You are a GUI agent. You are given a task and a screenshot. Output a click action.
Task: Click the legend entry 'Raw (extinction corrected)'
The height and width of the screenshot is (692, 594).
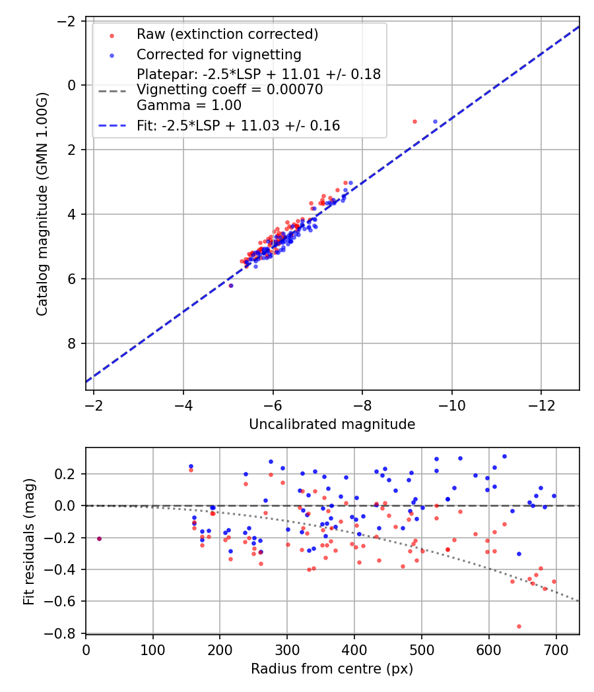tap(227, 34)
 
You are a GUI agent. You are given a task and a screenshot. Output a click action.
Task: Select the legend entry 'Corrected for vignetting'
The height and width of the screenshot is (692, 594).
tap(218, 54)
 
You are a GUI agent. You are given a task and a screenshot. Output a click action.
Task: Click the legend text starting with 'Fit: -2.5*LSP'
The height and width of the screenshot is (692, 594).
tap(238, 125)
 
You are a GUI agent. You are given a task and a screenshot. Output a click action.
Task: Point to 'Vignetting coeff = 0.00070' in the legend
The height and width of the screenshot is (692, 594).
tap(230, 90)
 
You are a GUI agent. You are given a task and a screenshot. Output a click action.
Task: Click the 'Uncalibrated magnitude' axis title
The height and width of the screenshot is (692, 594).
tap(332, 424)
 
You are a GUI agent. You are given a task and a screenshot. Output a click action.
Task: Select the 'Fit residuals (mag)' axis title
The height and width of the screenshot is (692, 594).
tap(28, 542)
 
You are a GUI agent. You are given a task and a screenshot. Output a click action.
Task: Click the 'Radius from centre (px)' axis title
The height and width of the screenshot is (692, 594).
tap(332, 669)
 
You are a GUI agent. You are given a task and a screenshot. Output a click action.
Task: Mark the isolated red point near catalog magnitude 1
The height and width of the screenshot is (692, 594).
tap(414, 122)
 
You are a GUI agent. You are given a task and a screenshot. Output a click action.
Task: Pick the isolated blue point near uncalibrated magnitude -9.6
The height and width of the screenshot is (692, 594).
tap(435, 122)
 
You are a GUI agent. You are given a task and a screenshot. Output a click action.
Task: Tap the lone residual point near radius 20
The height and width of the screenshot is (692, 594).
tap(99, 538)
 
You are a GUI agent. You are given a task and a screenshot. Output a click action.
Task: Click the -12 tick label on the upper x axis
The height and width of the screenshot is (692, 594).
tap(541, 403)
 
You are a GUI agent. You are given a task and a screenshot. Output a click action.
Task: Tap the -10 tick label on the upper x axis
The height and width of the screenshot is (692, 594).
tap(451, 403)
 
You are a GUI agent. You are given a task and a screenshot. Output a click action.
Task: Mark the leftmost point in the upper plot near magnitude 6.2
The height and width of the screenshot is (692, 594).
tap(231, 285)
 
